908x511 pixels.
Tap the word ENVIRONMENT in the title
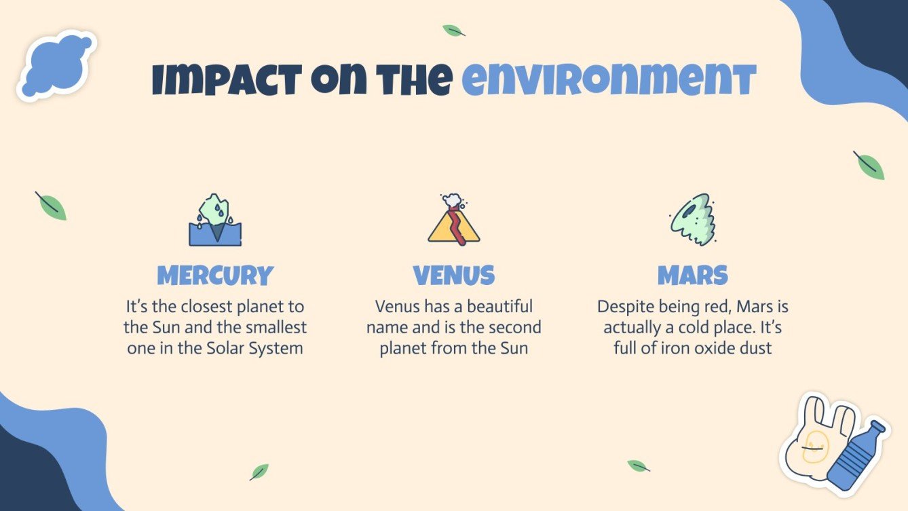(609, 81)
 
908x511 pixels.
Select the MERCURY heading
(215, 276)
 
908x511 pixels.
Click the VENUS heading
(454, 276)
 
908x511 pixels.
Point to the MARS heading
(693, 276)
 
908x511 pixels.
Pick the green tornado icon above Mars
(692, 219)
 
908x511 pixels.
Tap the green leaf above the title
(453, 31)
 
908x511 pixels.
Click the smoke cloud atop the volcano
(452, 201)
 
